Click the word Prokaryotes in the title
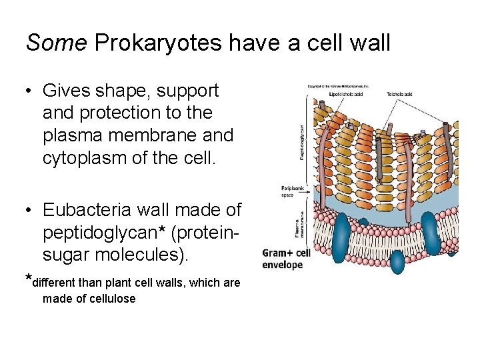pos(158,43)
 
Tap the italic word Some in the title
pos(56,43)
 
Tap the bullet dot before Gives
pos(29,91)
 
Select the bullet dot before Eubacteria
pos(29,211)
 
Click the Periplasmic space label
pos(292,193)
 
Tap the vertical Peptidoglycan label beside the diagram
pos(302,141)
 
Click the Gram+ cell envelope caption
pos(286,259)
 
